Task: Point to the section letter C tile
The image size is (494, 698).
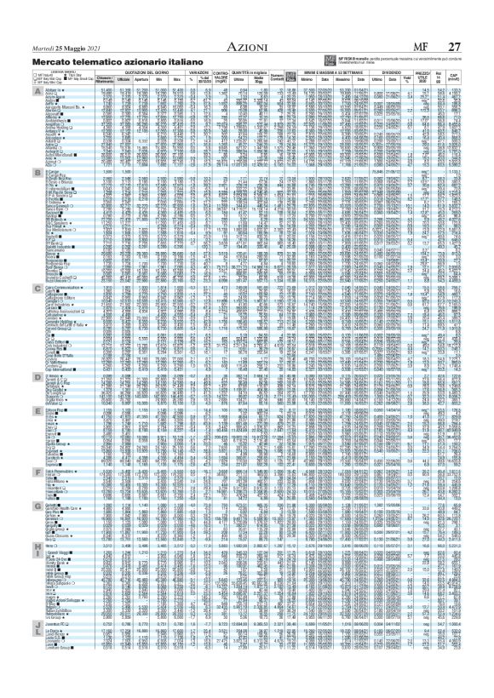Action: tap(36, 289)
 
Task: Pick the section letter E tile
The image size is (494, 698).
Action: tap(36, 409)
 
